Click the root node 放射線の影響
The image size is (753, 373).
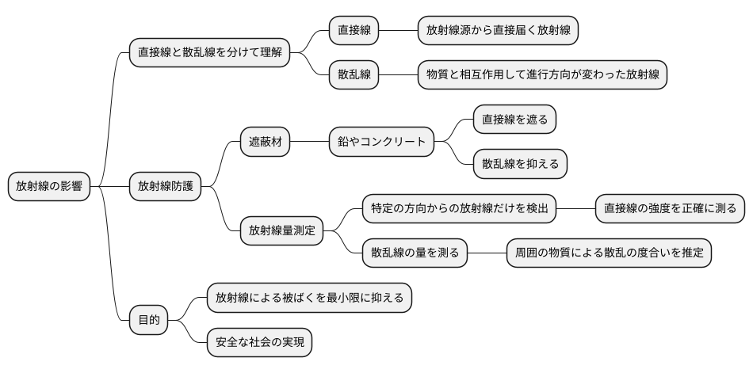[x=49, y=187]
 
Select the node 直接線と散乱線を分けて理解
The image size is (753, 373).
[x=209, y=54]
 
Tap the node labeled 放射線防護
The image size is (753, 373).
[x=165, y=187]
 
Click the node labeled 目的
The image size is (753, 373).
[x=149, y=320]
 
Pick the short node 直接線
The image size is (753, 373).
[x=354, y=31]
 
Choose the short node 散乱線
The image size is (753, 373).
[x=354, y=75]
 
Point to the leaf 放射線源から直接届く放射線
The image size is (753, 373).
[x=496, y=31]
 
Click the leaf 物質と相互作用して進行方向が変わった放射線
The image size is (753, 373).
[x=542, y=75]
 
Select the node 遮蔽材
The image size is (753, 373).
[x=265, y=143]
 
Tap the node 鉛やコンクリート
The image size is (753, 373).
[x=382, y=143]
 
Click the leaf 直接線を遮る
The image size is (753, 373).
[x=515, y=120]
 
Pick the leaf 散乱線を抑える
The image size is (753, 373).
[x=520, y=164]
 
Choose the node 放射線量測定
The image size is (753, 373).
[x=281, y=231]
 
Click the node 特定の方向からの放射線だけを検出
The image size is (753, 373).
[x=459, y=209]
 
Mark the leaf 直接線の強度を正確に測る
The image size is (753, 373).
[x=670, y=209]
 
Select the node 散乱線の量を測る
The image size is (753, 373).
[x=415, y=253]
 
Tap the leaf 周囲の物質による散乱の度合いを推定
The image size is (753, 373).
[x=609, y=253]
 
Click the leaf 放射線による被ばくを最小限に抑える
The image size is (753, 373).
[x=309, y=298]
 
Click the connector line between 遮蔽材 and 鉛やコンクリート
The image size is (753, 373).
[x=310, y=143]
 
